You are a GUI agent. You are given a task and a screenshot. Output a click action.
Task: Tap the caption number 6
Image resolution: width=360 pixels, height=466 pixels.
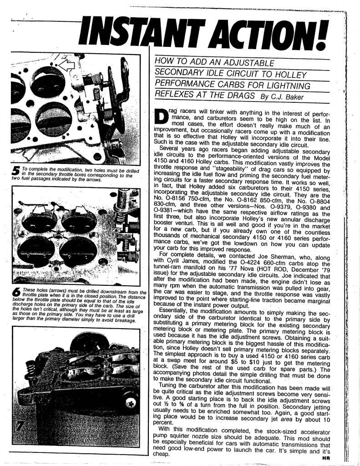16,294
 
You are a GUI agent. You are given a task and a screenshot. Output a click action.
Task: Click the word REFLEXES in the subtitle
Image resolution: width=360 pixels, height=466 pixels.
175,96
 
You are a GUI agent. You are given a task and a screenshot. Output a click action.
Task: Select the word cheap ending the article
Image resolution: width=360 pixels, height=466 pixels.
161,454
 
